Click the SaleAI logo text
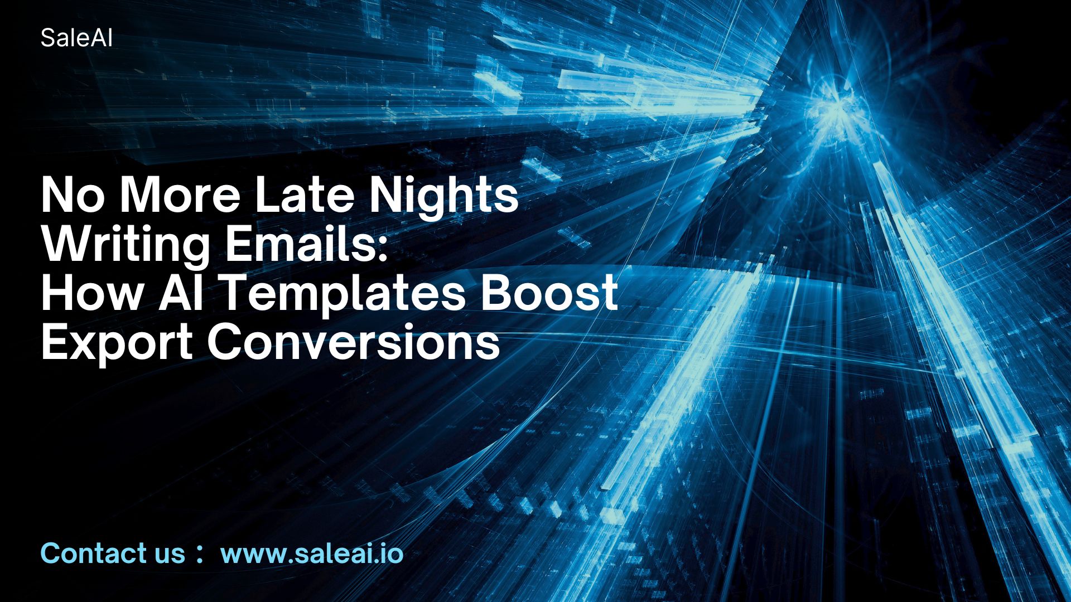[76, 38]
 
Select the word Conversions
[354, 342]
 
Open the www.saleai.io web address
[312, 554]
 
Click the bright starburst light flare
[831, 111]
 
